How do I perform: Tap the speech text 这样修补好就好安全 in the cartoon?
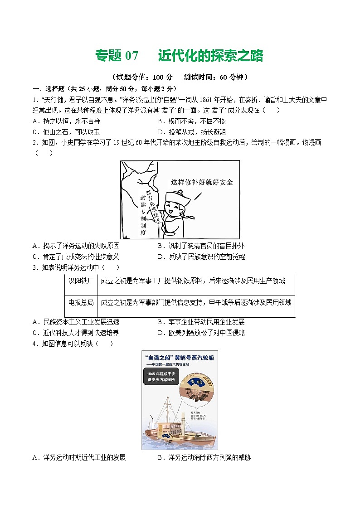click(x=202, y=182)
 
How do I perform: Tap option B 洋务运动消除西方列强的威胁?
click(x=204, y=457)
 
